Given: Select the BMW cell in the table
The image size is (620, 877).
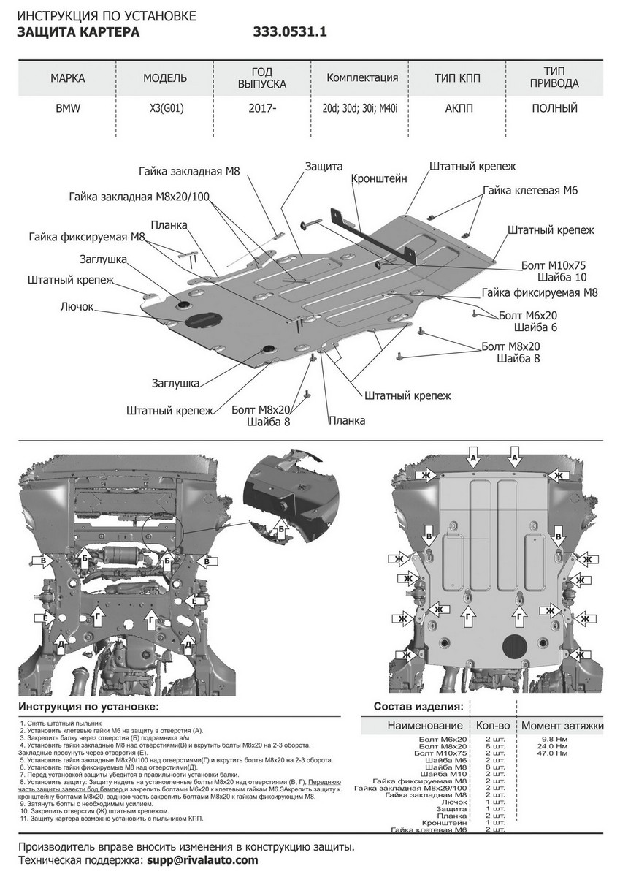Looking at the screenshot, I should point(68,108).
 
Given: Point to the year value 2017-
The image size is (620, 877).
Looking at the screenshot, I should point(261,108).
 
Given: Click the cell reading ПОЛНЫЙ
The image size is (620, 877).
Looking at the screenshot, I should point(554,108).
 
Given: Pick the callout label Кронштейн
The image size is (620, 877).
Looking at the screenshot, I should point(378,178).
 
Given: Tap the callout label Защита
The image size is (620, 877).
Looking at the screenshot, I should point(324,167).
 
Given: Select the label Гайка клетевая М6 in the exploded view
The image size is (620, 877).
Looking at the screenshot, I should point(530,190).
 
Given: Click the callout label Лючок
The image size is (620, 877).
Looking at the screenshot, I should point(77,307).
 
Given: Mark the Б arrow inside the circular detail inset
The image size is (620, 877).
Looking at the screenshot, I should point(283,525).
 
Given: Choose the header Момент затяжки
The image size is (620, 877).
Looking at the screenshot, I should point(562,726).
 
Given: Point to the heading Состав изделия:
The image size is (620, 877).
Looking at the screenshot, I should point(418,707).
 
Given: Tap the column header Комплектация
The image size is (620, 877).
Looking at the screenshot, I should point(362,78).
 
